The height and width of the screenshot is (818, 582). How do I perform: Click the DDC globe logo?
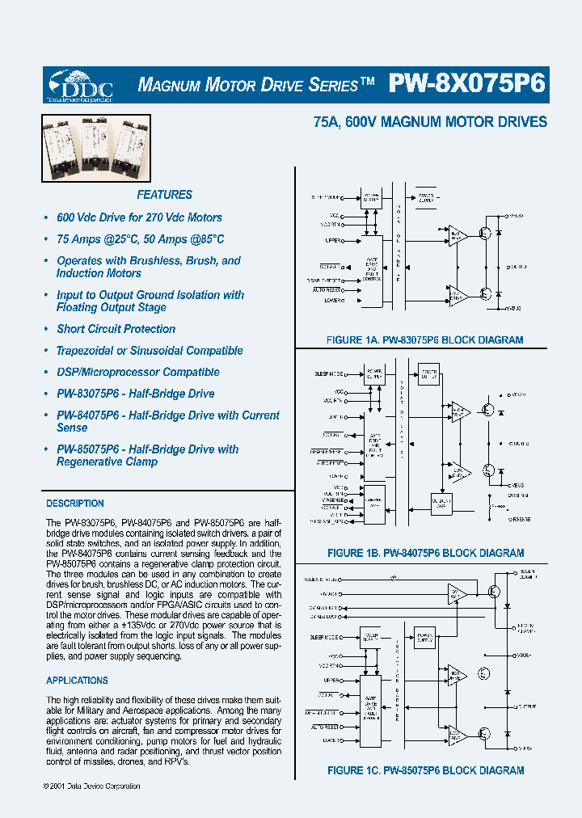[x=80, y=84]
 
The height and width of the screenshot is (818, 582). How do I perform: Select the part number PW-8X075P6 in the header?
[x=467, y=84]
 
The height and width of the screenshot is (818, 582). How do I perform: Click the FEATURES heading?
[x=164, y=195]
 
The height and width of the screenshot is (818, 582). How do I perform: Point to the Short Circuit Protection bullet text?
[x=116, y=329]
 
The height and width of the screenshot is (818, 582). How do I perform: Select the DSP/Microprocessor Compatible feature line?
[x=137, y=373]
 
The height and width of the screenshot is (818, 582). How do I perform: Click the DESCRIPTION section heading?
[x=75, y=504]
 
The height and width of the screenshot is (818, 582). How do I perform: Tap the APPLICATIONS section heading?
[x=77, y=681]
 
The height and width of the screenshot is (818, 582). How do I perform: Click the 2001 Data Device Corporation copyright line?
[x=91, y=786]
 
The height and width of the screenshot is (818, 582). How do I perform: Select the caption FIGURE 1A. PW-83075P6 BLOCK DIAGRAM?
[x=424, y=340]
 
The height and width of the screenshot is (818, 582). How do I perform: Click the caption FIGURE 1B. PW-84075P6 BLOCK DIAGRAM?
[x=425, y=554]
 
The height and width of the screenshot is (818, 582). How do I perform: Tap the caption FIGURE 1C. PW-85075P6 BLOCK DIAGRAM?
[x=425, y=770]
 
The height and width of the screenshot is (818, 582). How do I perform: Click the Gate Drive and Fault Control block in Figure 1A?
[x=373, y=271]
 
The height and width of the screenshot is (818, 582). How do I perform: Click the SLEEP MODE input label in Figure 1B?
[x=328, y=374]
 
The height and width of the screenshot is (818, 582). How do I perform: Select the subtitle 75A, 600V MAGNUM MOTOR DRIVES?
[x=430, y=123]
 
